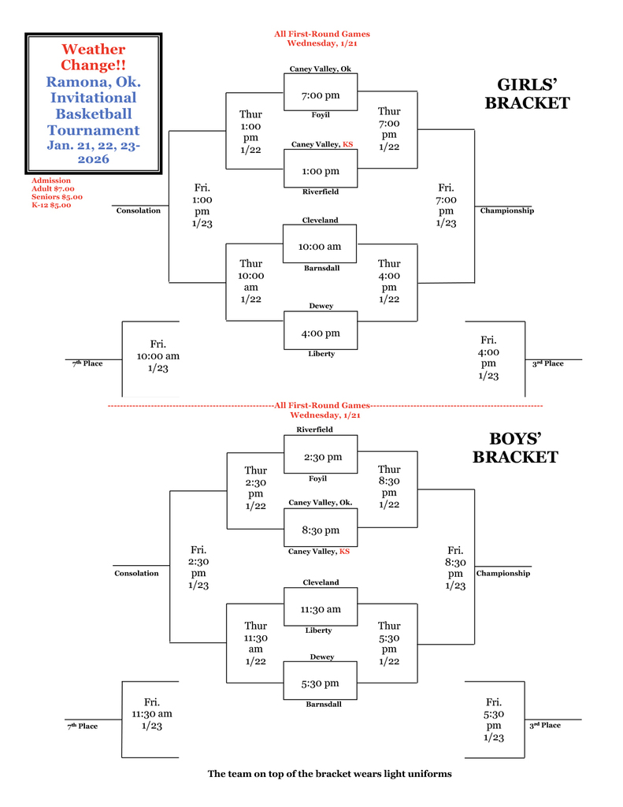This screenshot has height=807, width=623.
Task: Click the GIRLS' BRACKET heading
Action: point(527,94)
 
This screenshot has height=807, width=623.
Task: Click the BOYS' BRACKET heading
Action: point(515,448)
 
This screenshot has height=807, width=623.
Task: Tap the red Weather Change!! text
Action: point(93,58)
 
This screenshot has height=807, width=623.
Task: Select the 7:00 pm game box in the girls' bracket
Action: point(321,95)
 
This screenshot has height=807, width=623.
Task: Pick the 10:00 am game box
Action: point(320,247)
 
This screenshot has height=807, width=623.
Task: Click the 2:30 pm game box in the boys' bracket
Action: point(322,457)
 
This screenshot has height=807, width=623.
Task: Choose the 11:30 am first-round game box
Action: point(320,609)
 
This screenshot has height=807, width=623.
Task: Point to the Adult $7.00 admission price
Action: point(53,189)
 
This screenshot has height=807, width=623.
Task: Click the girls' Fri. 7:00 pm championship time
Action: point(446,205)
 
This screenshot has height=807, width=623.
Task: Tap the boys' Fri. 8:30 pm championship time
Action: point(455,567)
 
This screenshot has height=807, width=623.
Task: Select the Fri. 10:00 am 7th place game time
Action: point(158,355)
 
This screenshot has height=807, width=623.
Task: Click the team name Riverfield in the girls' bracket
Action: point(321,192)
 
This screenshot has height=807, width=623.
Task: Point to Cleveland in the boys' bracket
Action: point(321,582)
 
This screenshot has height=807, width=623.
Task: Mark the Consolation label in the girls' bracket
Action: point(139,210)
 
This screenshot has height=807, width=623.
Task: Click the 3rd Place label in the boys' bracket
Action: point(545,725)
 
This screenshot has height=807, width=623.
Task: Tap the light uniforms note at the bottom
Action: point(329,774)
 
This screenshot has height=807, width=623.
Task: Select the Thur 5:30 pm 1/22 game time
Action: point(389,643)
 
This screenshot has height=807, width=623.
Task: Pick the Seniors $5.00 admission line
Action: point(57,197)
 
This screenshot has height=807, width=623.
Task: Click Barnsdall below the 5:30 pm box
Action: point(324,704)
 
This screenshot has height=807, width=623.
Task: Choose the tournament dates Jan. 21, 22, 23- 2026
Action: point(93,152)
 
